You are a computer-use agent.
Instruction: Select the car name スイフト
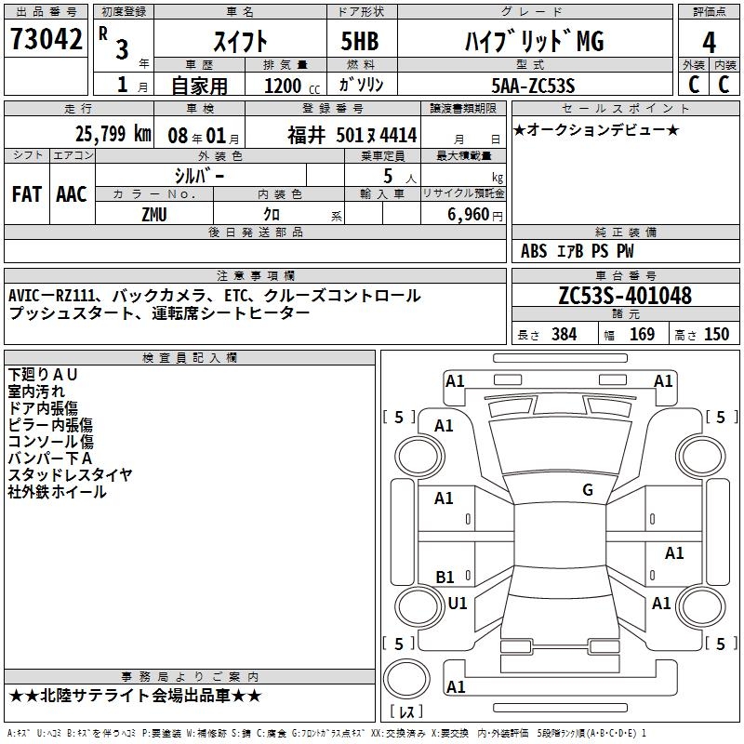click(242, 41)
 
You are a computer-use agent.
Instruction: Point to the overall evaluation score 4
click(709, 43)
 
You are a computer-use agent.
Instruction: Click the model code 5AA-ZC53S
click(533, 86)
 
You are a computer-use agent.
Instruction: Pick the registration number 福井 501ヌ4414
click(352, 135)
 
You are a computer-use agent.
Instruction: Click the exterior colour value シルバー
click(199, 176)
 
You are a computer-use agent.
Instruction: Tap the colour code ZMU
click(154, 214)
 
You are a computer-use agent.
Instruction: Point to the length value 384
click(564, 335)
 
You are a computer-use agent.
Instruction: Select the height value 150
click(716, 335)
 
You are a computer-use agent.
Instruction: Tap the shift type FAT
click(26, 194)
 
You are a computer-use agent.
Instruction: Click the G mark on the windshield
click(587, 490)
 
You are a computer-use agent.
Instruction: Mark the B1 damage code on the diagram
click(445, 578)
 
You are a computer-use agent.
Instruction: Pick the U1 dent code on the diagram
click(458, 604)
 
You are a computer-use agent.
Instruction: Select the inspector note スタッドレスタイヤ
click(71, 475)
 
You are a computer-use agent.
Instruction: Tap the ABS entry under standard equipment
click(534, 251)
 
